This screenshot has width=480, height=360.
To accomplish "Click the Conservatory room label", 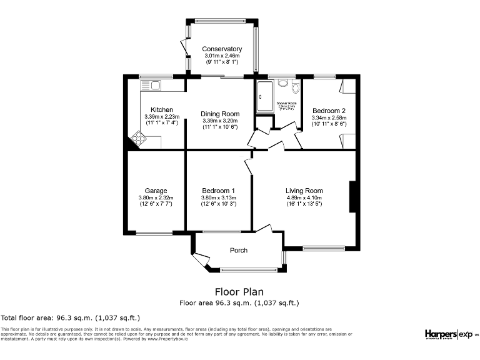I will pos(221,49).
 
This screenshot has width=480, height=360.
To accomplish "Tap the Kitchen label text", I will pos(153,109).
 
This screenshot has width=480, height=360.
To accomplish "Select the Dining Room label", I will pos(220,114).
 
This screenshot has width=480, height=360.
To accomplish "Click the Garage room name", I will pos(155,191).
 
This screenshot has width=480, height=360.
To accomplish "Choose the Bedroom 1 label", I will pos(218,191).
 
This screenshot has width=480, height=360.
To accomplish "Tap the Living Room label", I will pos(304,191).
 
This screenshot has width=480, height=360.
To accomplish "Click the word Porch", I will pos(239,250).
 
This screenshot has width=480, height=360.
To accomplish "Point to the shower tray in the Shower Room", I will pos(262,97).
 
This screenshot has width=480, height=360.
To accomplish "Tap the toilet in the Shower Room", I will pos(288,86).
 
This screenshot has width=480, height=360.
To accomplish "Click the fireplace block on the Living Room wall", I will pos(352,196).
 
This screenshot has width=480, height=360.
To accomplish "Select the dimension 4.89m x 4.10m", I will pos(304,198).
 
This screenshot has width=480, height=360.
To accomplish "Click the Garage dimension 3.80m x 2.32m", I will pos(155,198).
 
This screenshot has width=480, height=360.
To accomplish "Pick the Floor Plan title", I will pos(239,291).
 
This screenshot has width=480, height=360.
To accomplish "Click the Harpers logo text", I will pos(441,334).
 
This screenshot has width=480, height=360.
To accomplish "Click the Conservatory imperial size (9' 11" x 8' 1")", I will pos(221,62).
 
